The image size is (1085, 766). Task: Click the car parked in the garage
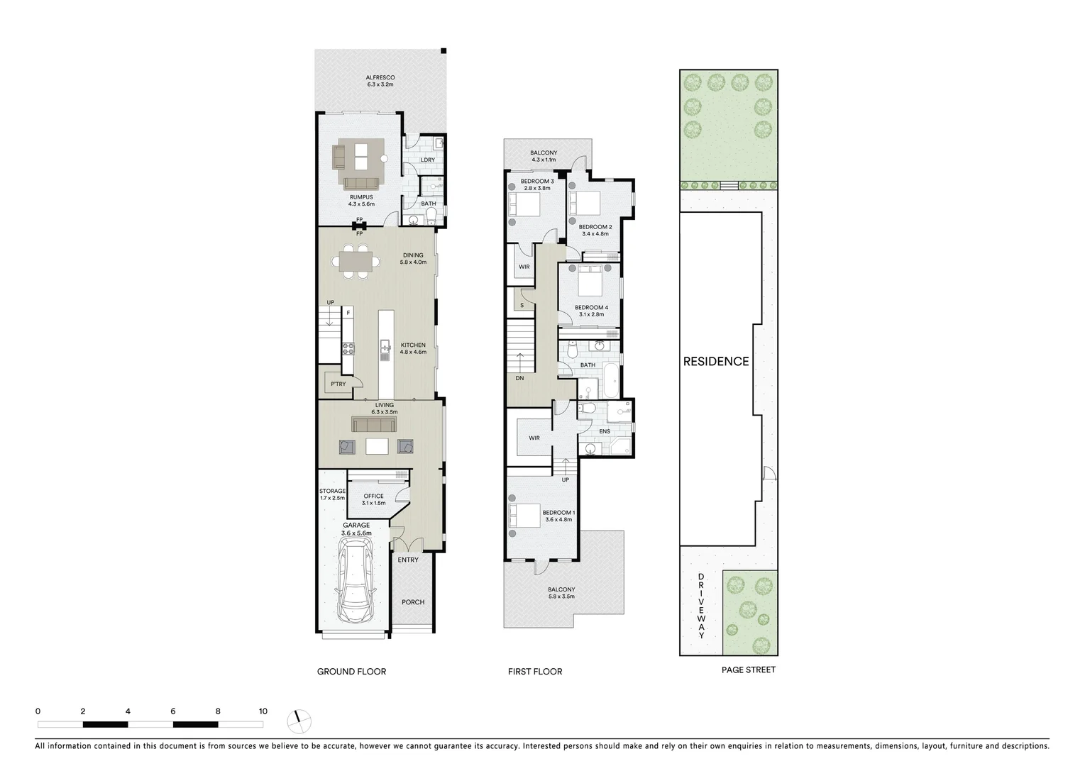[x=354, y=581]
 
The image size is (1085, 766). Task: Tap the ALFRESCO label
[x=380, y=77]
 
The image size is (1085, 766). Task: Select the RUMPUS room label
[x=361, y=196]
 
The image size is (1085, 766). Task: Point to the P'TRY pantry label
[x=338, y=384]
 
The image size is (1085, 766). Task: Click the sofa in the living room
[x=374, y=425]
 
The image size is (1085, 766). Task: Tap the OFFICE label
[x=373, y=496]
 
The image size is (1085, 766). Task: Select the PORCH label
[x=413, y=602]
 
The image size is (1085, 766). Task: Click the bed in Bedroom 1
[x=525, y=516]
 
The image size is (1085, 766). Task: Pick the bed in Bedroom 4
[x=590, y=283]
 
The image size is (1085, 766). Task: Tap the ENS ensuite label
[x=605, y=431]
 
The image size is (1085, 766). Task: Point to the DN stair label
[x=520, y=379]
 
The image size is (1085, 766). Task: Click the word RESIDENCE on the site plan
[x=716, y=362]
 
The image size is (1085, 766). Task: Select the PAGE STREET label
[x=748, y=670]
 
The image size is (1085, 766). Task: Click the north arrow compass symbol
[x=299, y=721]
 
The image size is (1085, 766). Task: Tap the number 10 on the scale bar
[x=263, y=711]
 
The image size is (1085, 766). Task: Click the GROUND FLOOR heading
[x=351, y=671]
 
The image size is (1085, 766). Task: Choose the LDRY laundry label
[x=427, y=160]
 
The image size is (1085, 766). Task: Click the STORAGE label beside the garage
[x=332, y=491]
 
